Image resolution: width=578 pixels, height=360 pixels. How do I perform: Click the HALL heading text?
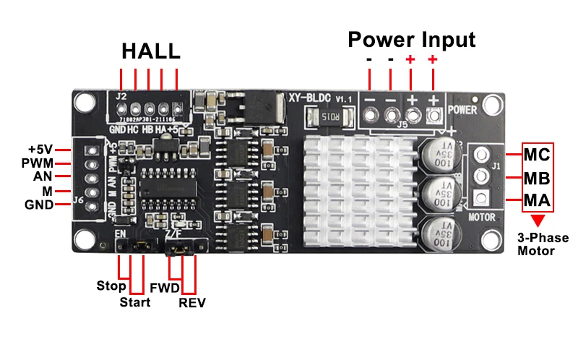click(x=150, y=52)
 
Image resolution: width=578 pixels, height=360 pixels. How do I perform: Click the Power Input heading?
click(x=412, y=39)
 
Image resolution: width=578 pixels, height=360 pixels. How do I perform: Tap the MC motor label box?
click(x=537, y=155)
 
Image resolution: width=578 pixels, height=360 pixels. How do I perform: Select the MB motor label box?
click(x=537, y=178)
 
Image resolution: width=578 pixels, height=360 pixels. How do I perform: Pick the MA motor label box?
click(x=537, y=200)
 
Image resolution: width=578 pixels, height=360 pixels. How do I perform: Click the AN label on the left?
click(x=43, y=177)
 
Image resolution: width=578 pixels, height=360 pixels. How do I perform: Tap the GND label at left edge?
click(x=39, y=205)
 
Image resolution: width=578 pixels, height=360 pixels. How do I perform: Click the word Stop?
click(x=111, y=286)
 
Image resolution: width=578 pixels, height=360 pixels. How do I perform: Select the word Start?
click(x=135, y=302)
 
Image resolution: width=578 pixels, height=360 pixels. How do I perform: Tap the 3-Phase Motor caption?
click(x=543, y=244)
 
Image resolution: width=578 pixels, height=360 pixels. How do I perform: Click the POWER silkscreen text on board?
click(x=462, y=110)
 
